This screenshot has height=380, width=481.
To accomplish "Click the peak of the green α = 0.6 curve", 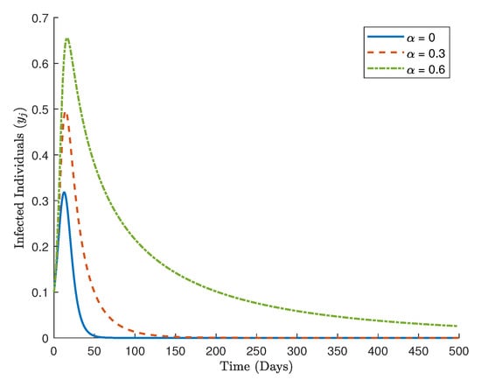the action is click(67, 39).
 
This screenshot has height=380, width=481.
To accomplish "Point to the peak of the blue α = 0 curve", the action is click(64, 193).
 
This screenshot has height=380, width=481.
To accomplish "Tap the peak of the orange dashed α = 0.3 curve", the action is click(66, 112).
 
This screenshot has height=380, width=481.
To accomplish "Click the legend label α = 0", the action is click(421, 38).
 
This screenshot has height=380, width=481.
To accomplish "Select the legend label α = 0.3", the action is click(426, 53).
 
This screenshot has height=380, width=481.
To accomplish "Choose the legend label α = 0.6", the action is click(426, 70).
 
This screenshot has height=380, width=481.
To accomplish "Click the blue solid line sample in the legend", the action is click(386, 37).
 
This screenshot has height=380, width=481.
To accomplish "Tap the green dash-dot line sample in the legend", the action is click(386, 69).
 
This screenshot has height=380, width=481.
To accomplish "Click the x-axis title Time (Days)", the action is click(256, 367).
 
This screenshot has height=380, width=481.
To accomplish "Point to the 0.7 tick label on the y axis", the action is click(40, 18).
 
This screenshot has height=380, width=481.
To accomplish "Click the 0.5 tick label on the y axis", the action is click(40, 109).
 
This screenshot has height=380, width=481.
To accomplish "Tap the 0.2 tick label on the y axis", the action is click(40, 247).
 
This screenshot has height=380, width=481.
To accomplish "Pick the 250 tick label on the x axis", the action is click(256, 351).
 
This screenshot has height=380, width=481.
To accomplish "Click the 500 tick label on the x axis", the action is click(459, 351).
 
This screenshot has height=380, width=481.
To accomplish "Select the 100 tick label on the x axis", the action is click(135, 351).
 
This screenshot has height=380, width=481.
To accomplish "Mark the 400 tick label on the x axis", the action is click(378, 351).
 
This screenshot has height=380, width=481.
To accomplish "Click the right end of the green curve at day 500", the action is click(457, 326).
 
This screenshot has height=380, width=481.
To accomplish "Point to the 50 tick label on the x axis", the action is click(94, 351).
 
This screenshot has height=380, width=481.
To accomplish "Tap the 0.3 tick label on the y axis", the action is click(40, 201).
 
